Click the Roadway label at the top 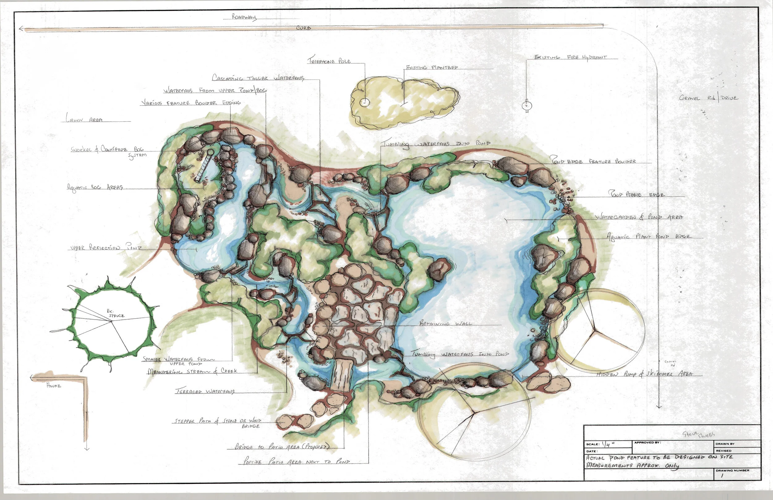pos(244,17)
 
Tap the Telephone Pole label pos(329,61)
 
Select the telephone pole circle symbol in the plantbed pos(365,102)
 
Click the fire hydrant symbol pos(527,105)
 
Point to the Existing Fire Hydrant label pos(570,57)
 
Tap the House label pos(53,386)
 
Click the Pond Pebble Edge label pos(636,194)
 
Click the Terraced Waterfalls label pos(205,391)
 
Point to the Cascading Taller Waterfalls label pos(258,78)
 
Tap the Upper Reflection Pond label pos(106,248)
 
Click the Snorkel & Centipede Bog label pos(107,149)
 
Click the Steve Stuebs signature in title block pos(698,434)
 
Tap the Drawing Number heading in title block pos(732,470)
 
